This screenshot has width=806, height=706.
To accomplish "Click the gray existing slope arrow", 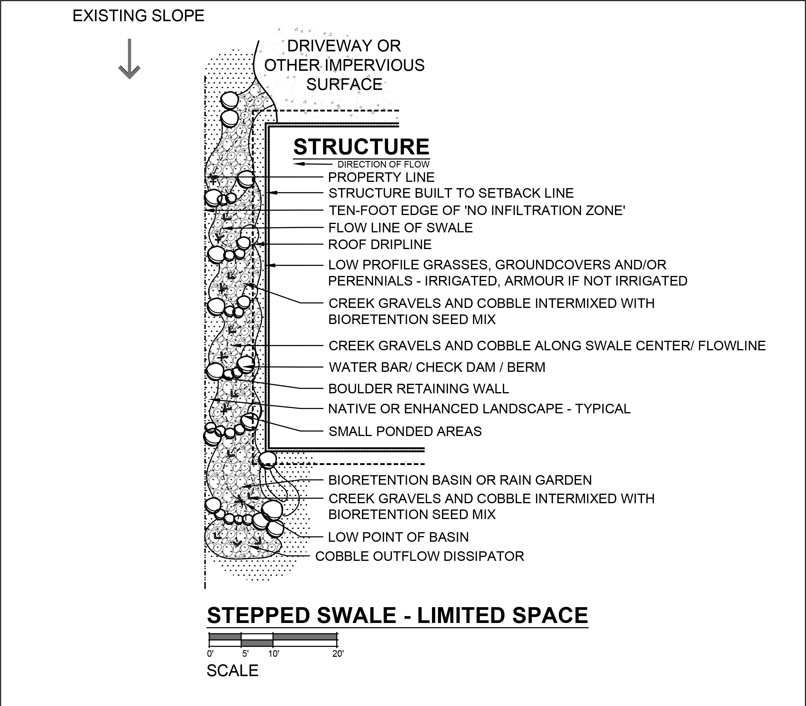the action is pos(129,59).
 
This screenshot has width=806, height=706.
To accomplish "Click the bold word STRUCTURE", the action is pos(361,147).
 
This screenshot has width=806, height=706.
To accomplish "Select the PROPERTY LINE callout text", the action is pos(381,177).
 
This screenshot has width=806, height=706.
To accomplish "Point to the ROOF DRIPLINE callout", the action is pos(380,245).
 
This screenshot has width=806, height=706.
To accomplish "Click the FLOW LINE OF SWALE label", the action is pos(400,228).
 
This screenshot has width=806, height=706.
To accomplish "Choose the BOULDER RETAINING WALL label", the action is pos(419,389).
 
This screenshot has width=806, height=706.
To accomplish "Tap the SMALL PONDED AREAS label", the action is pos(405,432).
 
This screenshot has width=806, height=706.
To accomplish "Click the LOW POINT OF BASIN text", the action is pos(399,537).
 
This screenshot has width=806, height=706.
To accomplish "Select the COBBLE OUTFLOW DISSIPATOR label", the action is pos(420,556).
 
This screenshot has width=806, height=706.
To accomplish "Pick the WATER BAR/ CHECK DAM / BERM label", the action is pos(437,367).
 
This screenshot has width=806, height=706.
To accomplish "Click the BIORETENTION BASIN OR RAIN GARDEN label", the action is pos(460,480).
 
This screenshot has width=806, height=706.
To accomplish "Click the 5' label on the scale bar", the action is pos(245,654).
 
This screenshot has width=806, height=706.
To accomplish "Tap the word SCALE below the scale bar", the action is pos(232,670).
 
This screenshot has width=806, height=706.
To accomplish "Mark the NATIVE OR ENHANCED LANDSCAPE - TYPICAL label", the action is pos(479,409).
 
